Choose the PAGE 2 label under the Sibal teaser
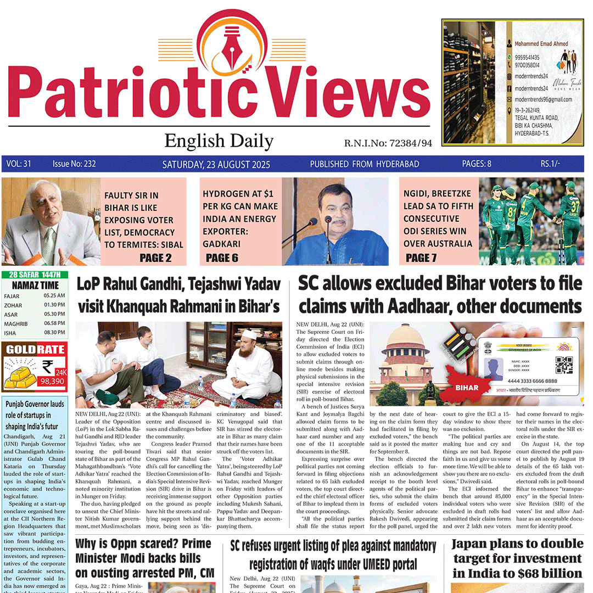coord(155,258)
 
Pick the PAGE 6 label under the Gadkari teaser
coord(222,258)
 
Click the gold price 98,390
coord(53,381)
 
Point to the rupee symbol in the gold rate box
coord(47,366)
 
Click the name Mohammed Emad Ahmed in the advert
coord(541,43)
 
